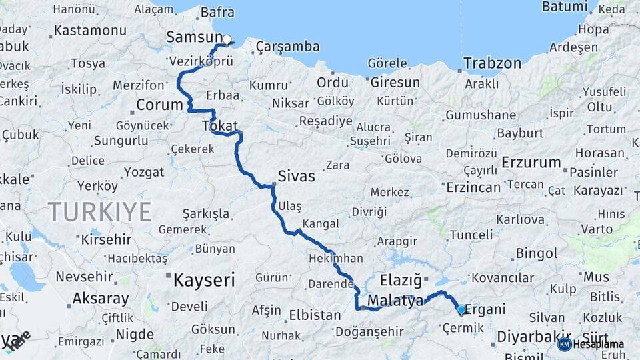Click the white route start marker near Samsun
coord(227,39)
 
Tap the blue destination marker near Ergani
coord(461,309)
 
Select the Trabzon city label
coord(492,63)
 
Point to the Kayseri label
coord(204,280)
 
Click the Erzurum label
coord(531,163)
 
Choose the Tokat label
coord(219,127)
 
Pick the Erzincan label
coord(473,187)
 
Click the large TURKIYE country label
coord(99,212)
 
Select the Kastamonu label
coord(90,31)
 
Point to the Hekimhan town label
coord(336,259)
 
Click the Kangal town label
coord(321,223)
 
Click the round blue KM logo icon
coord(564,344)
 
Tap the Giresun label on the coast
coord(395,83)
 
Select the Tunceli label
coord(471,235)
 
